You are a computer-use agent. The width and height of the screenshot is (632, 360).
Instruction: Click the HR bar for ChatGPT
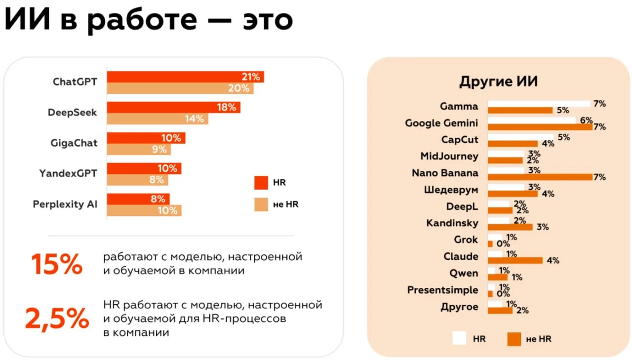pos(185,77)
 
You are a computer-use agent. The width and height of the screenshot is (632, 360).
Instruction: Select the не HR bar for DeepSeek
pos(158,119)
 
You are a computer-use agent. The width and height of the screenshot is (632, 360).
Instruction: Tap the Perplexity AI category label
pos(65,204)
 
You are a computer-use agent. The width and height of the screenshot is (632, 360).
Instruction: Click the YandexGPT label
pos(68,173)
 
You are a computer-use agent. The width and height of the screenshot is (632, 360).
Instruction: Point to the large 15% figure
pos(57,265)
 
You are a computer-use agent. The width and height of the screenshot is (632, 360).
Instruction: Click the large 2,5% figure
pos(57,319)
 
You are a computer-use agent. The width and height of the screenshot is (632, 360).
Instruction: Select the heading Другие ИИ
pos(498,82)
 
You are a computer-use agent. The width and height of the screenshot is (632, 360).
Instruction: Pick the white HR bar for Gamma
pos(539,104)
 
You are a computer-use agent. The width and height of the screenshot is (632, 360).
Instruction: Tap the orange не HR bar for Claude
pos(515,260)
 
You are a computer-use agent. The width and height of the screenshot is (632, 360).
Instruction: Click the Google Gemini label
pos(441,123)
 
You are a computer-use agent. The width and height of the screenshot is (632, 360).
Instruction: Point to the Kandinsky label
pos(452,223)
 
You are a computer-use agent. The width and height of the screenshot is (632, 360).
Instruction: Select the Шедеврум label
pos(451,190)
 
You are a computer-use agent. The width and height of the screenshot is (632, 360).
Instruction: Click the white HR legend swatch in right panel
pos(459,338)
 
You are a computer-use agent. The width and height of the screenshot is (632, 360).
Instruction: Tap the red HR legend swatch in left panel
pos(261,183)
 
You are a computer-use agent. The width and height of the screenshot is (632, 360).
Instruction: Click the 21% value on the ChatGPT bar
pos(251,77)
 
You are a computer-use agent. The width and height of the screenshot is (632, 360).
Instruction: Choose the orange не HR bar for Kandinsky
pos(510,227)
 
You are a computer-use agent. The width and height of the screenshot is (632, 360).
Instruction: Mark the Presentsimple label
pos(442,290)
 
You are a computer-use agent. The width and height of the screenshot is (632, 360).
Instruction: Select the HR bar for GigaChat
pos(146,138)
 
